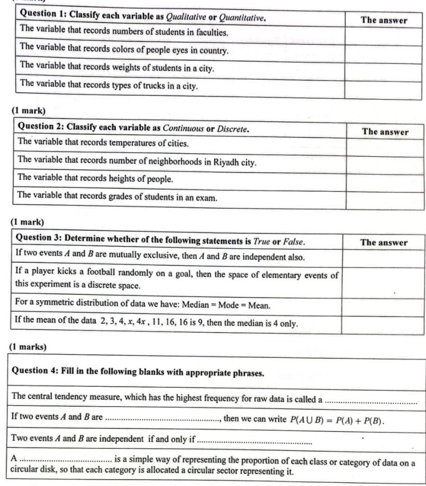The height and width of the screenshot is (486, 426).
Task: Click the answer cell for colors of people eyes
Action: pos(383,54)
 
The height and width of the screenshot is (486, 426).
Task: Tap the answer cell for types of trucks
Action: pos(383,90)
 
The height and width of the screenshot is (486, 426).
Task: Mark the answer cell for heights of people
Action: pos(384,183)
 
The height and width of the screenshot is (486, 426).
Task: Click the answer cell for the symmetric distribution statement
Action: pos(382,307)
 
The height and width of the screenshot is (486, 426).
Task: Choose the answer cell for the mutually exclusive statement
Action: pos(382,258)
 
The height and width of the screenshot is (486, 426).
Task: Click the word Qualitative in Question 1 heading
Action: pos(186,18)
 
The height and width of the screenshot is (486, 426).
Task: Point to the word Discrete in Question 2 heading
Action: pos(232,129)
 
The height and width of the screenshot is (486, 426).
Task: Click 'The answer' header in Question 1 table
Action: pos(383,20)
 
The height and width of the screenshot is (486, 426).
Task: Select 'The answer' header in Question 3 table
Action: pos(383,243)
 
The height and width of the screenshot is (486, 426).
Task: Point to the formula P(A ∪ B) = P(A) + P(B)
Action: pos(336,420)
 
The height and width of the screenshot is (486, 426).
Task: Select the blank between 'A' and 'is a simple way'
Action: pos(66,461)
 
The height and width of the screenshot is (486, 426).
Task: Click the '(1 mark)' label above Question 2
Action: pos(28,111)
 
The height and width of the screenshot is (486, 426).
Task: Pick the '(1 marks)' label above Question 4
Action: pos(28,347)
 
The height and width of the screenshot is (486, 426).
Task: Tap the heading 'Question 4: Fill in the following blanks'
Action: pos(138,373)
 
